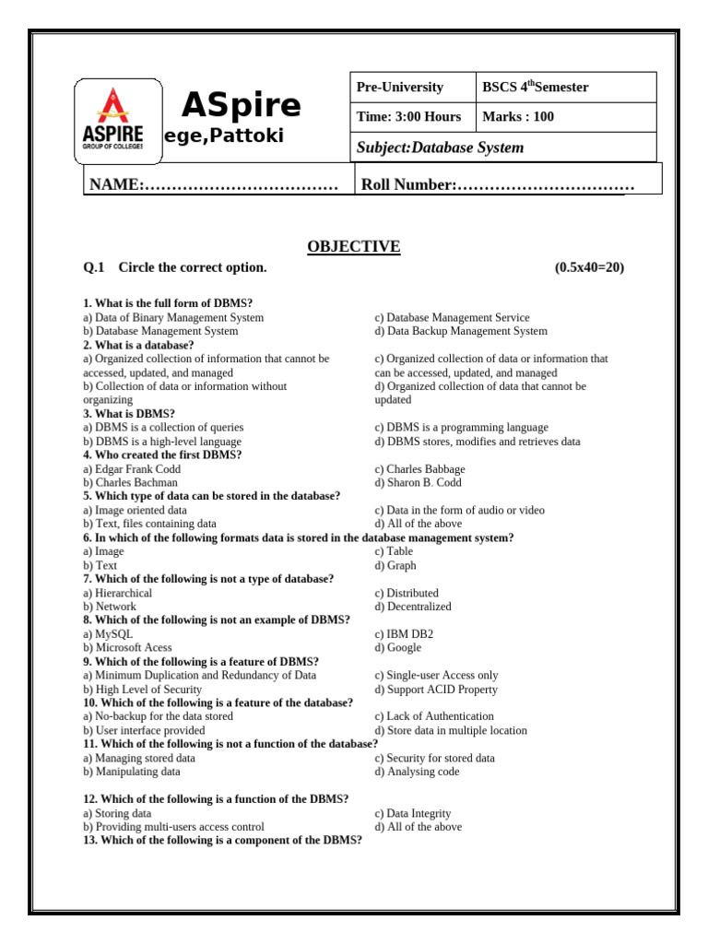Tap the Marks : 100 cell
[x=518, y=117]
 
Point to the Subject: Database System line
[x=440, y=147]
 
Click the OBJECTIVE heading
[x=354, y=246]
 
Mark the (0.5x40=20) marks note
[x=589, y=267]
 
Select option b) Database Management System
[x=160, y=331]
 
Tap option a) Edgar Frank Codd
[x=131, y=469]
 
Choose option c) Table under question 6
[x=394, y=551]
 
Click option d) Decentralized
[x=413, y=607]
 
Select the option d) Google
[x=398, y=648]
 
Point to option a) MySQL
[x=108, y=634]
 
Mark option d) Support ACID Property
[x=436, y=690]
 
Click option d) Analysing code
[x=417, y=772]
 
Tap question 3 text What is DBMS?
[x=129, y=414]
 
